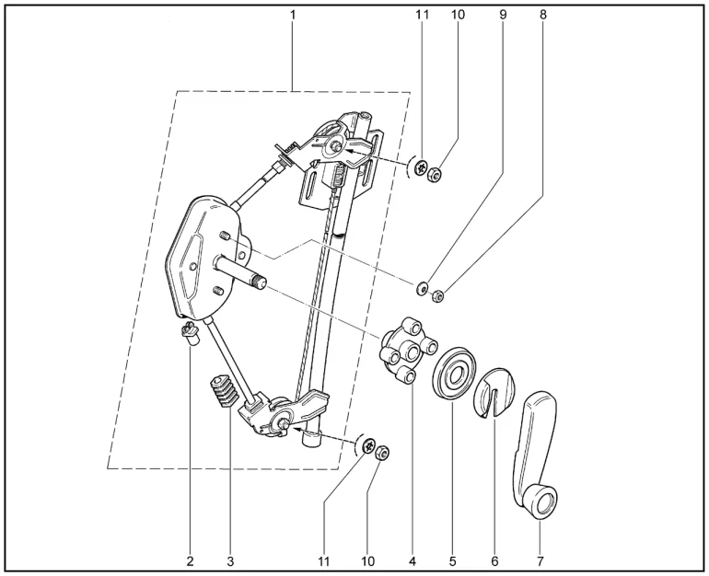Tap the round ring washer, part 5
[x=455, y=373]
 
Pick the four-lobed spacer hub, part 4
[x=408, y=351]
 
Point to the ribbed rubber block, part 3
[x=224, y=391]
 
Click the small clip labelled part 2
[x=191, y=333]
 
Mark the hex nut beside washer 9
[x=437, y=296]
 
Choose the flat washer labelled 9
[x=423, y=287]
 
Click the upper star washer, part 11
[x=422, y=168]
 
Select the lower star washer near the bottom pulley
[x=369, y=445]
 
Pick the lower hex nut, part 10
[x=382, y=452]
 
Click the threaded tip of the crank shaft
[x=261, y=282]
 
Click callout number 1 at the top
[x=293, y=15]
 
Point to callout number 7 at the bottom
[x=540, y=561]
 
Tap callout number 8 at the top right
[x=543, y=15]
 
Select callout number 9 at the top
[x=503, y=15]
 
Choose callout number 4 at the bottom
[x=412, y=561]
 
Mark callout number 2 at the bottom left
[x=190, y=561]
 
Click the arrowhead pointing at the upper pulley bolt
[x=351, y=152]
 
